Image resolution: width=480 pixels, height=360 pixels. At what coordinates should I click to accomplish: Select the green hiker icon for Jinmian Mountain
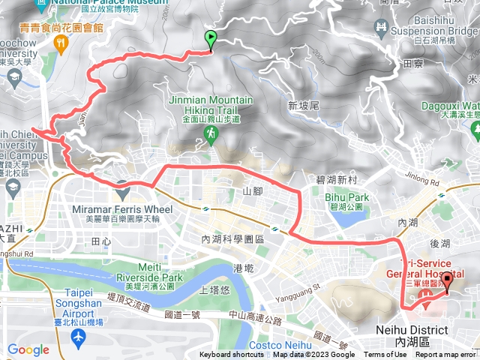(x=211, y=133)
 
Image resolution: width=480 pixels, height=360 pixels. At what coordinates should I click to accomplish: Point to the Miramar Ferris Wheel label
(x=122, y=209)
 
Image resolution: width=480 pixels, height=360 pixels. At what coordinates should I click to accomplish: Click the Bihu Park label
(x=343, y=196)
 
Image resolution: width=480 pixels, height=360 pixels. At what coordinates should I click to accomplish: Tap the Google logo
(x=28, y=349)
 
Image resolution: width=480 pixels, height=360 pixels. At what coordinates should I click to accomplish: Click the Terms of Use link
(x=385, y=355)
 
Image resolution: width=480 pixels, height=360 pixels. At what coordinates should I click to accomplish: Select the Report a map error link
(x=446, y=355)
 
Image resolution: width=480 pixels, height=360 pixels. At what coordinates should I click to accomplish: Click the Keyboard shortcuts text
(x=231, y=355)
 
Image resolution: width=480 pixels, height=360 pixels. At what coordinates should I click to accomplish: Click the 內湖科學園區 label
(x=233, y=238)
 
